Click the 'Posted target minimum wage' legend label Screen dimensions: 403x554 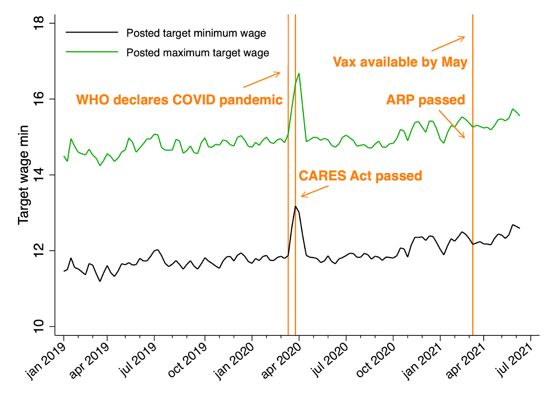[196, 33]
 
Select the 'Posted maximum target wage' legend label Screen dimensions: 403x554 [198, 53]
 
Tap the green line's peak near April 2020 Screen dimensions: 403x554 [299, 73]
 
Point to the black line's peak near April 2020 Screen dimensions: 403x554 [295, 207]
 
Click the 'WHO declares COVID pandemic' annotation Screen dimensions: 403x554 [179, 100]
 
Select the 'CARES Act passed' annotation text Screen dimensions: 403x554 [360, 176]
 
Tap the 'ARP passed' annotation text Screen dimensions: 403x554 [426, 100]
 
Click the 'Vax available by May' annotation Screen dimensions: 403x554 [400, 62]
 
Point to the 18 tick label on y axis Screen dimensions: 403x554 [39, 23]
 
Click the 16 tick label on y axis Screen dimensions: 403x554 [39, 99]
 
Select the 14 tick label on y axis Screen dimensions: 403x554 [39, 175]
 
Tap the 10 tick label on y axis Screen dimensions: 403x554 [39, 326]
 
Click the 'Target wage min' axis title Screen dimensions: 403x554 [24, 175]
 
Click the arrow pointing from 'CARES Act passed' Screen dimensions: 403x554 [314, 191]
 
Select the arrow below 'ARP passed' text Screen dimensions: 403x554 [452, 124]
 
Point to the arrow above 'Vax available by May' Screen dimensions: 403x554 [448, 44]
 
